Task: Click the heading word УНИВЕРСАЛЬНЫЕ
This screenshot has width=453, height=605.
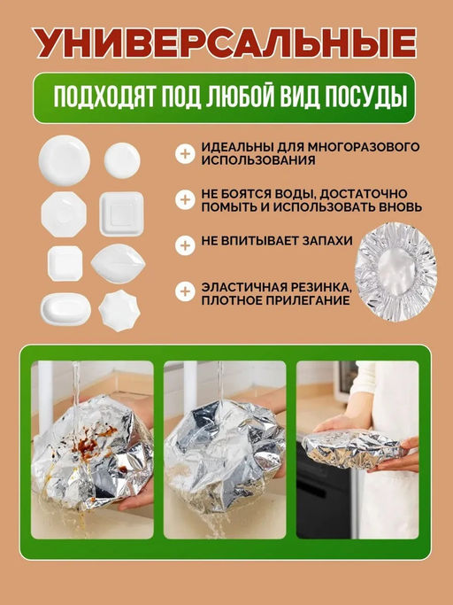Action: [226, 43]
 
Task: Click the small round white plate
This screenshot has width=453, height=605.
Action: [122, 159]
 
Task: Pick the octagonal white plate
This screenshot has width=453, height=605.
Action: [63, 213]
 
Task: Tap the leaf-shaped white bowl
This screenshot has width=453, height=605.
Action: [116, 262]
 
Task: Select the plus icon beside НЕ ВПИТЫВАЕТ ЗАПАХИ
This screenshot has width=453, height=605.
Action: [184, 244]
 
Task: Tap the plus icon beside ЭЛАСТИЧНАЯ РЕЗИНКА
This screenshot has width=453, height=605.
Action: [184, 291]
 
